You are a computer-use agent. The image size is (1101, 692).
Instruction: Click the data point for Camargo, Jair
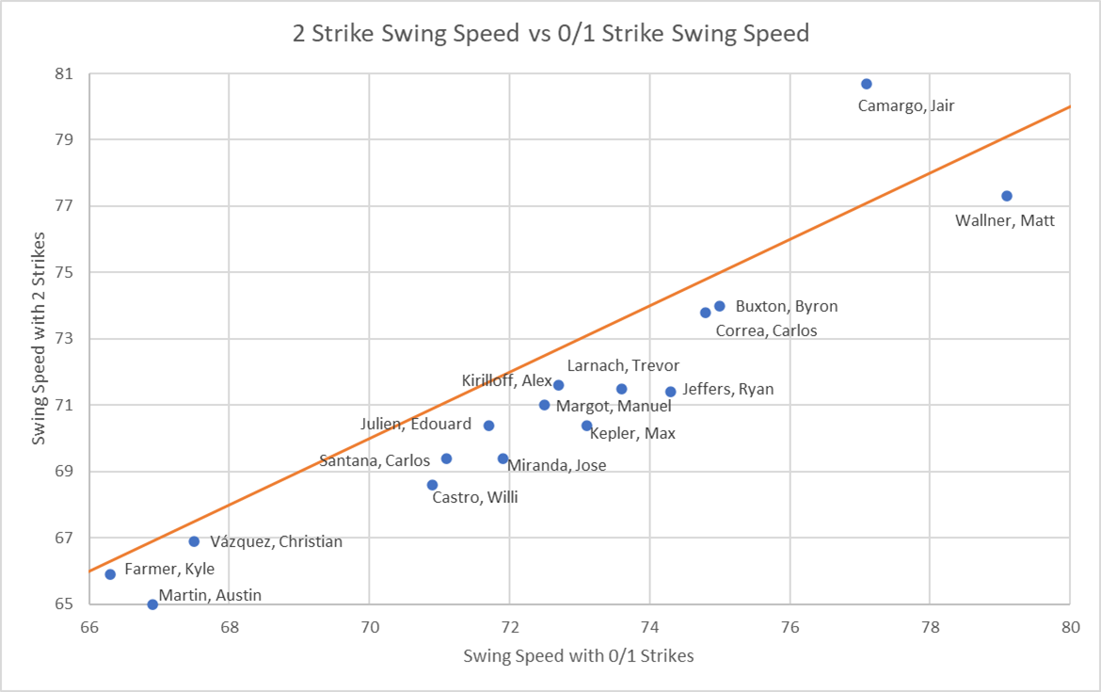point(867,84)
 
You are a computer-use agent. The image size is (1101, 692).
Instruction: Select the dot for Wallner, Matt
point(1007,196)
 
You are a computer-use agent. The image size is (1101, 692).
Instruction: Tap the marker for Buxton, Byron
point(720,306)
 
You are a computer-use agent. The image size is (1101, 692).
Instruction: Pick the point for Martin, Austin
point(152,604)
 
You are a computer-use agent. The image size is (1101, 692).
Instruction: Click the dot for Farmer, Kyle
point(110,574)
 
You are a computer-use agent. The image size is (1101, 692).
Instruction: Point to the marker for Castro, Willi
point(432,485)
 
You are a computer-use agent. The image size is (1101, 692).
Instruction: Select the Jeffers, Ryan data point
point(671,392)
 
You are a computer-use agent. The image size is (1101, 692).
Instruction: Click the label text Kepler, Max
point(632,434)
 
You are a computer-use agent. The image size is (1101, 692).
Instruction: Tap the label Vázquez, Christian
point(277,541)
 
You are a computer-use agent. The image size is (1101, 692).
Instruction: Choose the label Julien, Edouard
point(416,425)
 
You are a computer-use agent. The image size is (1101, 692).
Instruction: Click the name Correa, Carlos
point(766,330)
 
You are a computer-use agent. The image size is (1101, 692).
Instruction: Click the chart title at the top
point(550,34)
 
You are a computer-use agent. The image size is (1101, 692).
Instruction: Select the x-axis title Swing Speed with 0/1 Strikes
point(579,656)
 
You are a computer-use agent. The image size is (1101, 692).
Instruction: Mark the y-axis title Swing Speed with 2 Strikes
point(40,339)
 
